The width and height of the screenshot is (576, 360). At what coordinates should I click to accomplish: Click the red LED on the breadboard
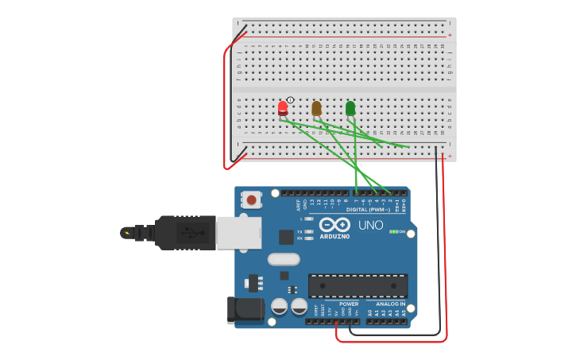pyautogui.click(x=283, y=107)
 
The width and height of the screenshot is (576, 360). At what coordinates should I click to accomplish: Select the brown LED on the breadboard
pyautogui.click(x=316, y=107)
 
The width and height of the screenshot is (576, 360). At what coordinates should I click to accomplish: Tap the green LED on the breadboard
pyautogui.click(x=350, y=107)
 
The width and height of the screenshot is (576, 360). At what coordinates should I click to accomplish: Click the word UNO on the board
pyautogui.click(x=371, y=225)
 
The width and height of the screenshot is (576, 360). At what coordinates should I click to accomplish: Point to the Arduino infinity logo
pyautogui.click(x=334, y=223)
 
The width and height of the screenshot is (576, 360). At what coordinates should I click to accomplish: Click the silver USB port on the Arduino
pyautogui.click(x=238, y=232)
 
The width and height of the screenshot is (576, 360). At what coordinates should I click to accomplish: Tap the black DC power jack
pyautogui.click(x=244, y=310)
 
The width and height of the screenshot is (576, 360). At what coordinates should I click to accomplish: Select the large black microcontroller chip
pyautogui.click(x=358, y=285)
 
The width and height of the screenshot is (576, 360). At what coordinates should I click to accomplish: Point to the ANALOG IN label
pyautogui.click(x=385, y=304)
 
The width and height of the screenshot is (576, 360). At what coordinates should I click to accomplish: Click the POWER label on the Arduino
pyautogui.click(x=349, y=304)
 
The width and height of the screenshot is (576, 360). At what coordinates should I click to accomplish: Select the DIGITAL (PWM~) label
pyautogui.click(x=367, y=210)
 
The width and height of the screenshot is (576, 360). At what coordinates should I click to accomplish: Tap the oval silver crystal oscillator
pyautogui.click(x=284, y=259)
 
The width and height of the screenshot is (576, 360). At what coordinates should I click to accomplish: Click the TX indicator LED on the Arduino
pyautogui.click(x=308, y=231)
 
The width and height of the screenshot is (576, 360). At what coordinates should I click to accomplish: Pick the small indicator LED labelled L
pyautogui.click(x=308, y=219)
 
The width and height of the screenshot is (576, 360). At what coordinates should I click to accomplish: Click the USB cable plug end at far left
pyautogui.click(x=127, y=233)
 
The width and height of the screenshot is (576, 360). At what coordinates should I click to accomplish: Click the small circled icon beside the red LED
pyautogui.click(x=291, y=100)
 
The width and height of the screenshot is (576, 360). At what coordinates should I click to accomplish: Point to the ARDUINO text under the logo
pyautogui.click(x=334, y=236)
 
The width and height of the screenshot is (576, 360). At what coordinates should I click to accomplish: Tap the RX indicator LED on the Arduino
pyautogui.click(x=308, y=238)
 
